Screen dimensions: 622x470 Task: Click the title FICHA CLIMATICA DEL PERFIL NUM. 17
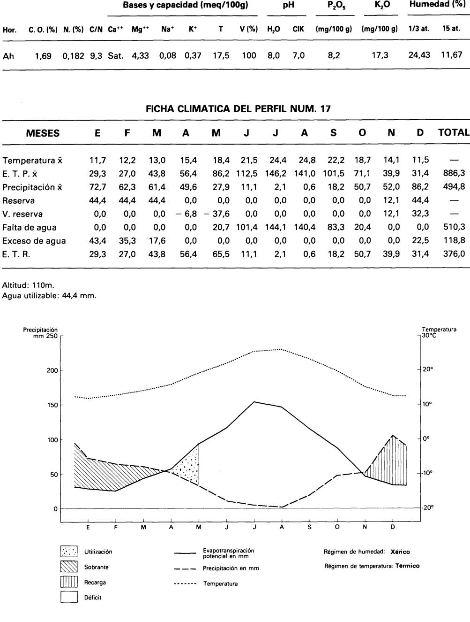tap(238, 109)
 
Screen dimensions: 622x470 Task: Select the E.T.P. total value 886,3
tap(454, 173)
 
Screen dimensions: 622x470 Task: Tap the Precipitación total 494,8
tap(454, 187)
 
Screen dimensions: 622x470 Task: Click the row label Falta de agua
tap(30, 228)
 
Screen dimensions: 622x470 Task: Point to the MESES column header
tap(43, 133)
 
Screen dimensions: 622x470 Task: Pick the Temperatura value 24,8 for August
tap(305, 160)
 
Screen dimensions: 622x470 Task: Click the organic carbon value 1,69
tap(44, 56)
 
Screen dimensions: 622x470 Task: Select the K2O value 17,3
tap(380, 55)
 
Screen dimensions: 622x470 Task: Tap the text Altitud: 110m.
tap(29, 285)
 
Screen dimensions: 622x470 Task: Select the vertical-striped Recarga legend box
tap(69, 582)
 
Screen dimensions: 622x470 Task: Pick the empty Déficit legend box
tap(69, 597)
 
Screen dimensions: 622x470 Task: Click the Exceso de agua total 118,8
tap(454, 241)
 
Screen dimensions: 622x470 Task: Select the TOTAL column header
tap(453, 133)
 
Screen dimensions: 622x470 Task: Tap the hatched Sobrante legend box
tap(69, 567)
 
